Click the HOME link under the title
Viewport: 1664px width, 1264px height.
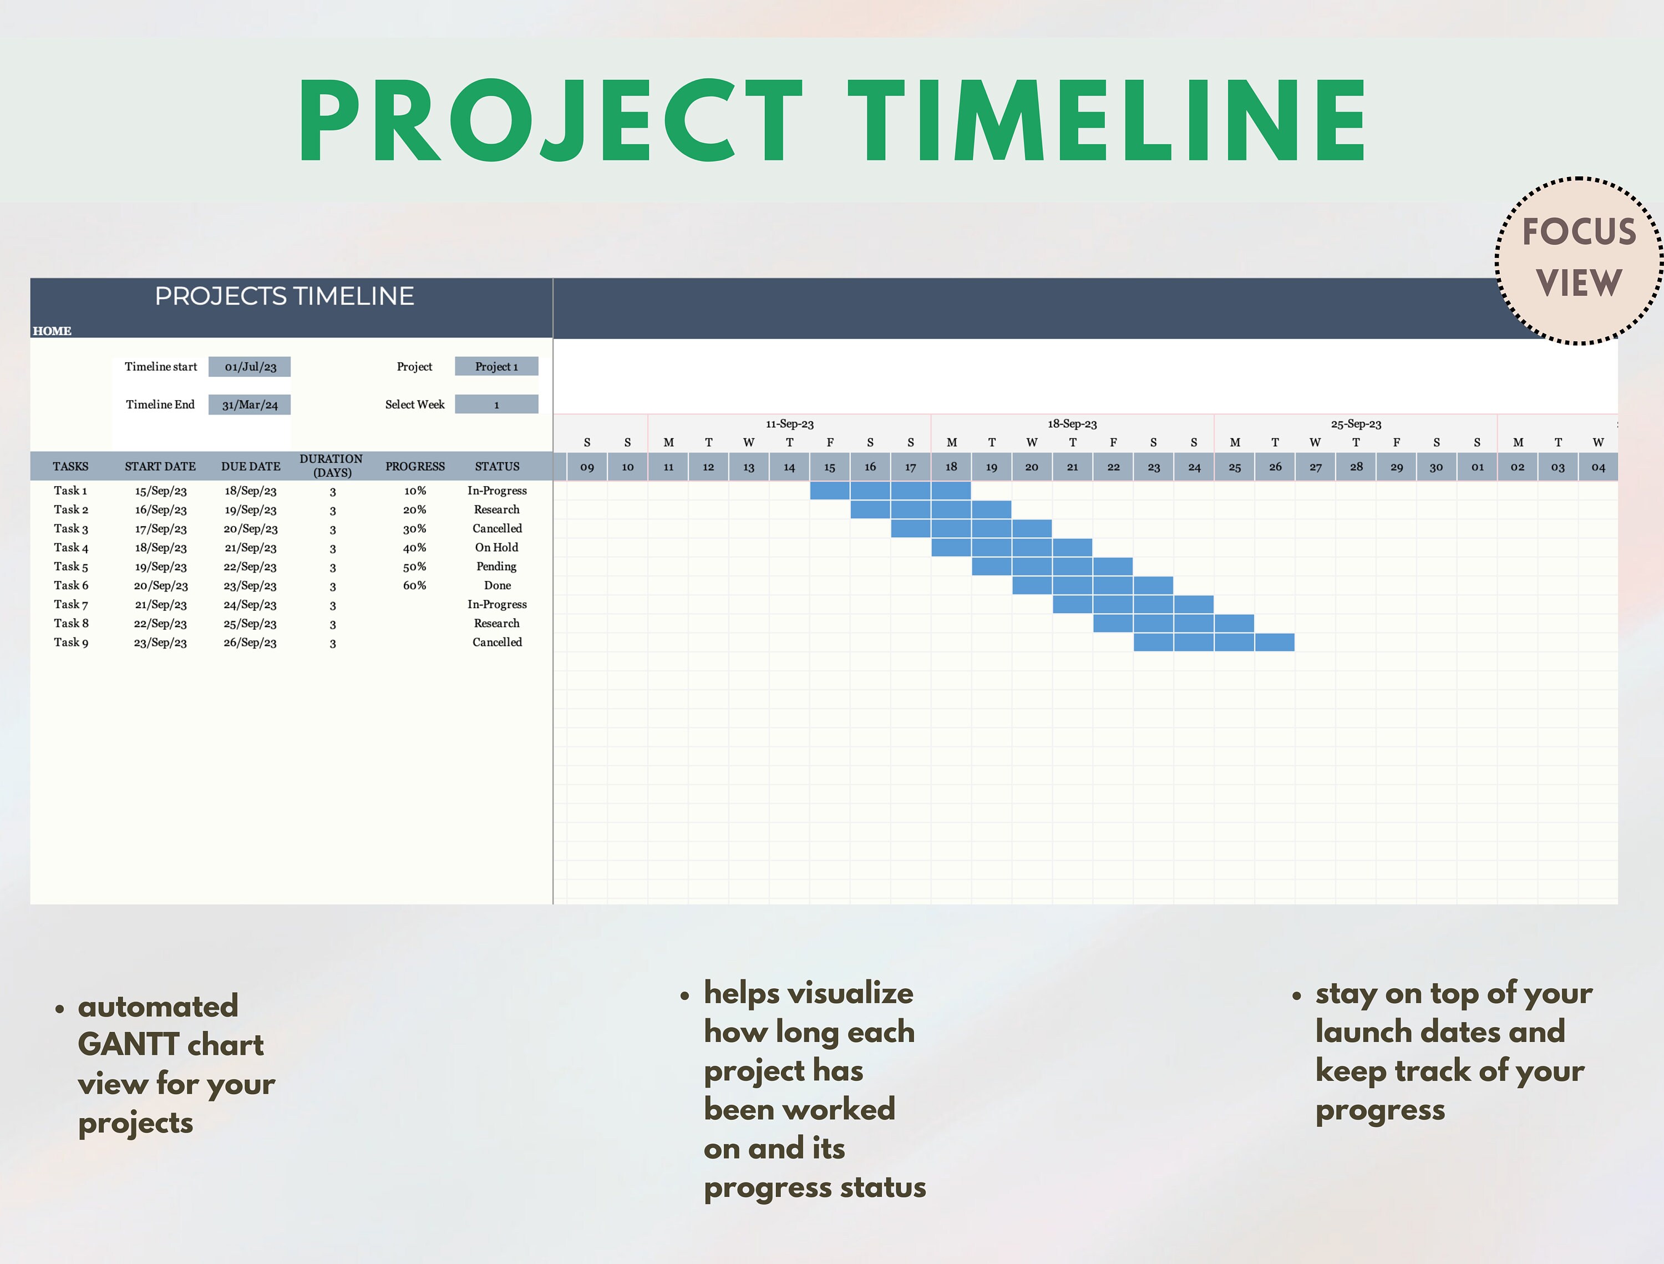[x=52, y=331]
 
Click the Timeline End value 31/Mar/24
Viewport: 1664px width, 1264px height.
[x=250, y=405]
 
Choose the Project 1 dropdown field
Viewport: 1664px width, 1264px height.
[x=496, y=366]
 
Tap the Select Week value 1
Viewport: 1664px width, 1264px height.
[x=496, y=405]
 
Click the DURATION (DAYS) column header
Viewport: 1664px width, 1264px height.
[x=332, y=466]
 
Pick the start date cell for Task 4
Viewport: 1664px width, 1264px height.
[x=160, y=548]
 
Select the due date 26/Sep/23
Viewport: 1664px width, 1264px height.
[x=250, y=643]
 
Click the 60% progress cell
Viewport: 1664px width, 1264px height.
[x=414, y=585]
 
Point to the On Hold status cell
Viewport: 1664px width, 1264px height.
[x=496, y=548]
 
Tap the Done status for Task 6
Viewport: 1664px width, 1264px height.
[x=497, y=585]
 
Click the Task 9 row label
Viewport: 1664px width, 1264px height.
[x=70, y=643]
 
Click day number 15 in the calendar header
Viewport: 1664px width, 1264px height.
[x=830, y=467]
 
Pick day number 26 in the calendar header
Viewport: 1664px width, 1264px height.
[x=1275, y=467]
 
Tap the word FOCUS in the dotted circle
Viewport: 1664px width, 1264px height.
[x=1579, y=232]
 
